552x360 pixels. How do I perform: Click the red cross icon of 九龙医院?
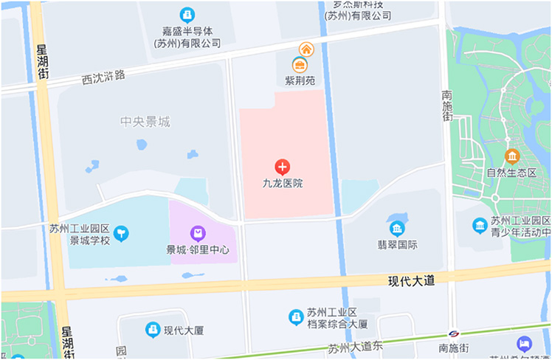[283, 167]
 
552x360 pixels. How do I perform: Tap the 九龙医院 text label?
[283, 183]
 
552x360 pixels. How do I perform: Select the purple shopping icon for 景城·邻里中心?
[198, 234]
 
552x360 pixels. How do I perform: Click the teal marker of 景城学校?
[121, 234]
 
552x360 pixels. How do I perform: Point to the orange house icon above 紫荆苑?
[306, 49]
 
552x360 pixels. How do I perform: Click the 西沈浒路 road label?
[103, 75]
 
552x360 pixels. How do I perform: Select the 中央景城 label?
[145, 122]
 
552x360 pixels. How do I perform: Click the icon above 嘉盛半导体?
[187, 14]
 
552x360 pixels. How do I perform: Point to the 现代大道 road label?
[411, 280]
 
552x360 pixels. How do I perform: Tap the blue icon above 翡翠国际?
[398, 228]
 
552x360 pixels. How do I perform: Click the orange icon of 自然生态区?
[512, 156]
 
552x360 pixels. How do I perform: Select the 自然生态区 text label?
[511, 173]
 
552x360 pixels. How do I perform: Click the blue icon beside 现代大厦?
[153, 330]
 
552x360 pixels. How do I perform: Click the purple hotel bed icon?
[524, 344]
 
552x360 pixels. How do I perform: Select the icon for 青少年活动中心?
[480, 225]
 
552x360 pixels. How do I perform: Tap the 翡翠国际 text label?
[398, 245]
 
